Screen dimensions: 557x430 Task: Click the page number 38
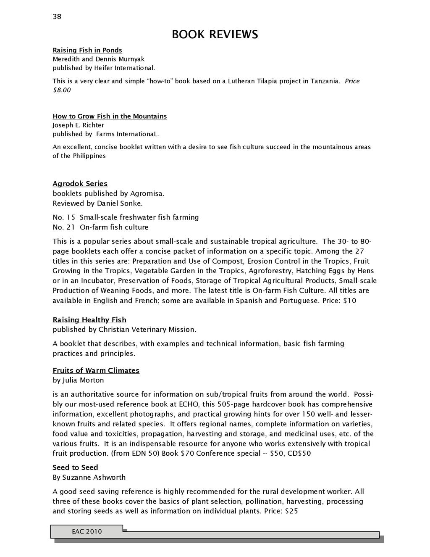pyautogui.click(x=57, y=17)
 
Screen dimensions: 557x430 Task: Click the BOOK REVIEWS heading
pyautogui.click(x=215, y=34)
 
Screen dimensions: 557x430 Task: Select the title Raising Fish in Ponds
pyautogui.click(x=87, y=50)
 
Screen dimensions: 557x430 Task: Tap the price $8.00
pyautogui.click(x=62, y=90)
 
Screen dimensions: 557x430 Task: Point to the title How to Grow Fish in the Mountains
pyautogui.click(x=110, y=116)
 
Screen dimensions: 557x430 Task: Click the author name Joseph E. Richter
pyautogui.click(x=79, y=125)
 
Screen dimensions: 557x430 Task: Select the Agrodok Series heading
pyautogui.click(x=80, y=184)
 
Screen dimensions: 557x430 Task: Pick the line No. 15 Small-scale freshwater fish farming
pyautogui.click(x=126, y=217)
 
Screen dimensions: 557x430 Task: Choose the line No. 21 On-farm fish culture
pyautogui.click(x=100, y=227)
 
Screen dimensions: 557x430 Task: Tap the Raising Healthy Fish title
pyautogui.click(x=89, y=320)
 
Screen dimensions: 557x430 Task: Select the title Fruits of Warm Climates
pyautogui.click(x=96, y=370)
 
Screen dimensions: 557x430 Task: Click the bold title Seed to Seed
pyautogui.click(x=75, y=467)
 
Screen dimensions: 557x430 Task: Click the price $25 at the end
pyautogui.click(x=291, y=512)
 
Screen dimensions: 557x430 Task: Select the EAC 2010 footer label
pyautogui.click(x=87, y=532)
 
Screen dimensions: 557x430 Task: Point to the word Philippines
pyautogui.click(x=89, y=156)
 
